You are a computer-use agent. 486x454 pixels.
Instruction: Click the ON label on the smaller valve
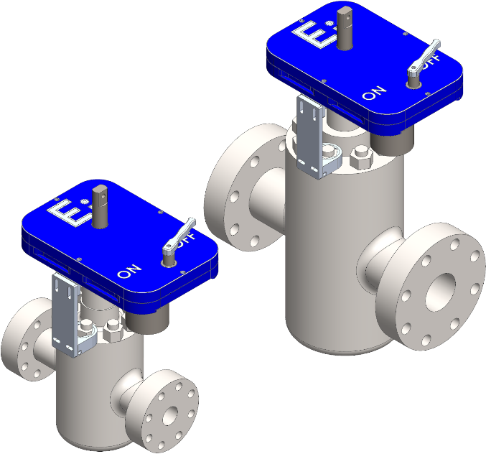tap(129, 272)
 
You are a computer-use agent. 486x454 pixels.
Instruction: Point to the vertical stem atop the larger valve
tap(344, 29)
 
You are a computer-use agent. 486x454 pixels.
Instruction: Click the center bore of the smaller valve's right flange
tap(170, 415)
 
